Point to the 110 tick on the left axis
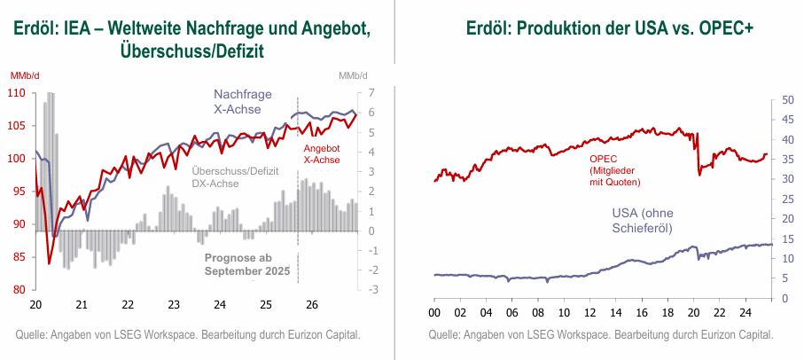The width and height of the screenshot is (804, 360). pos(18,93)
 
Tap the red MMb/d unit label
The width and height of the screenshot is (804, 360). pos(24,76)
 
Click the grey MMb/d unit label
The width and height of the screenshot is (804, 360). pos(352,76)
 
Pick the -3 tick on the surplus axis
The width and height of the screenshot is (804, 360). pos(371,290)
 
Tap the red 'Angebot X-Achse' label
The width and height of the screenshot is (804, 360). pos(322,154)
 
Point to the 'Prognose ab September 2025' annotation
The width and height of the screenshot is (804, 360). pos(247,263)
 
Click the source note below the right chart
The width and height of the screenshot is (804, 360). pos(601,334)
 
